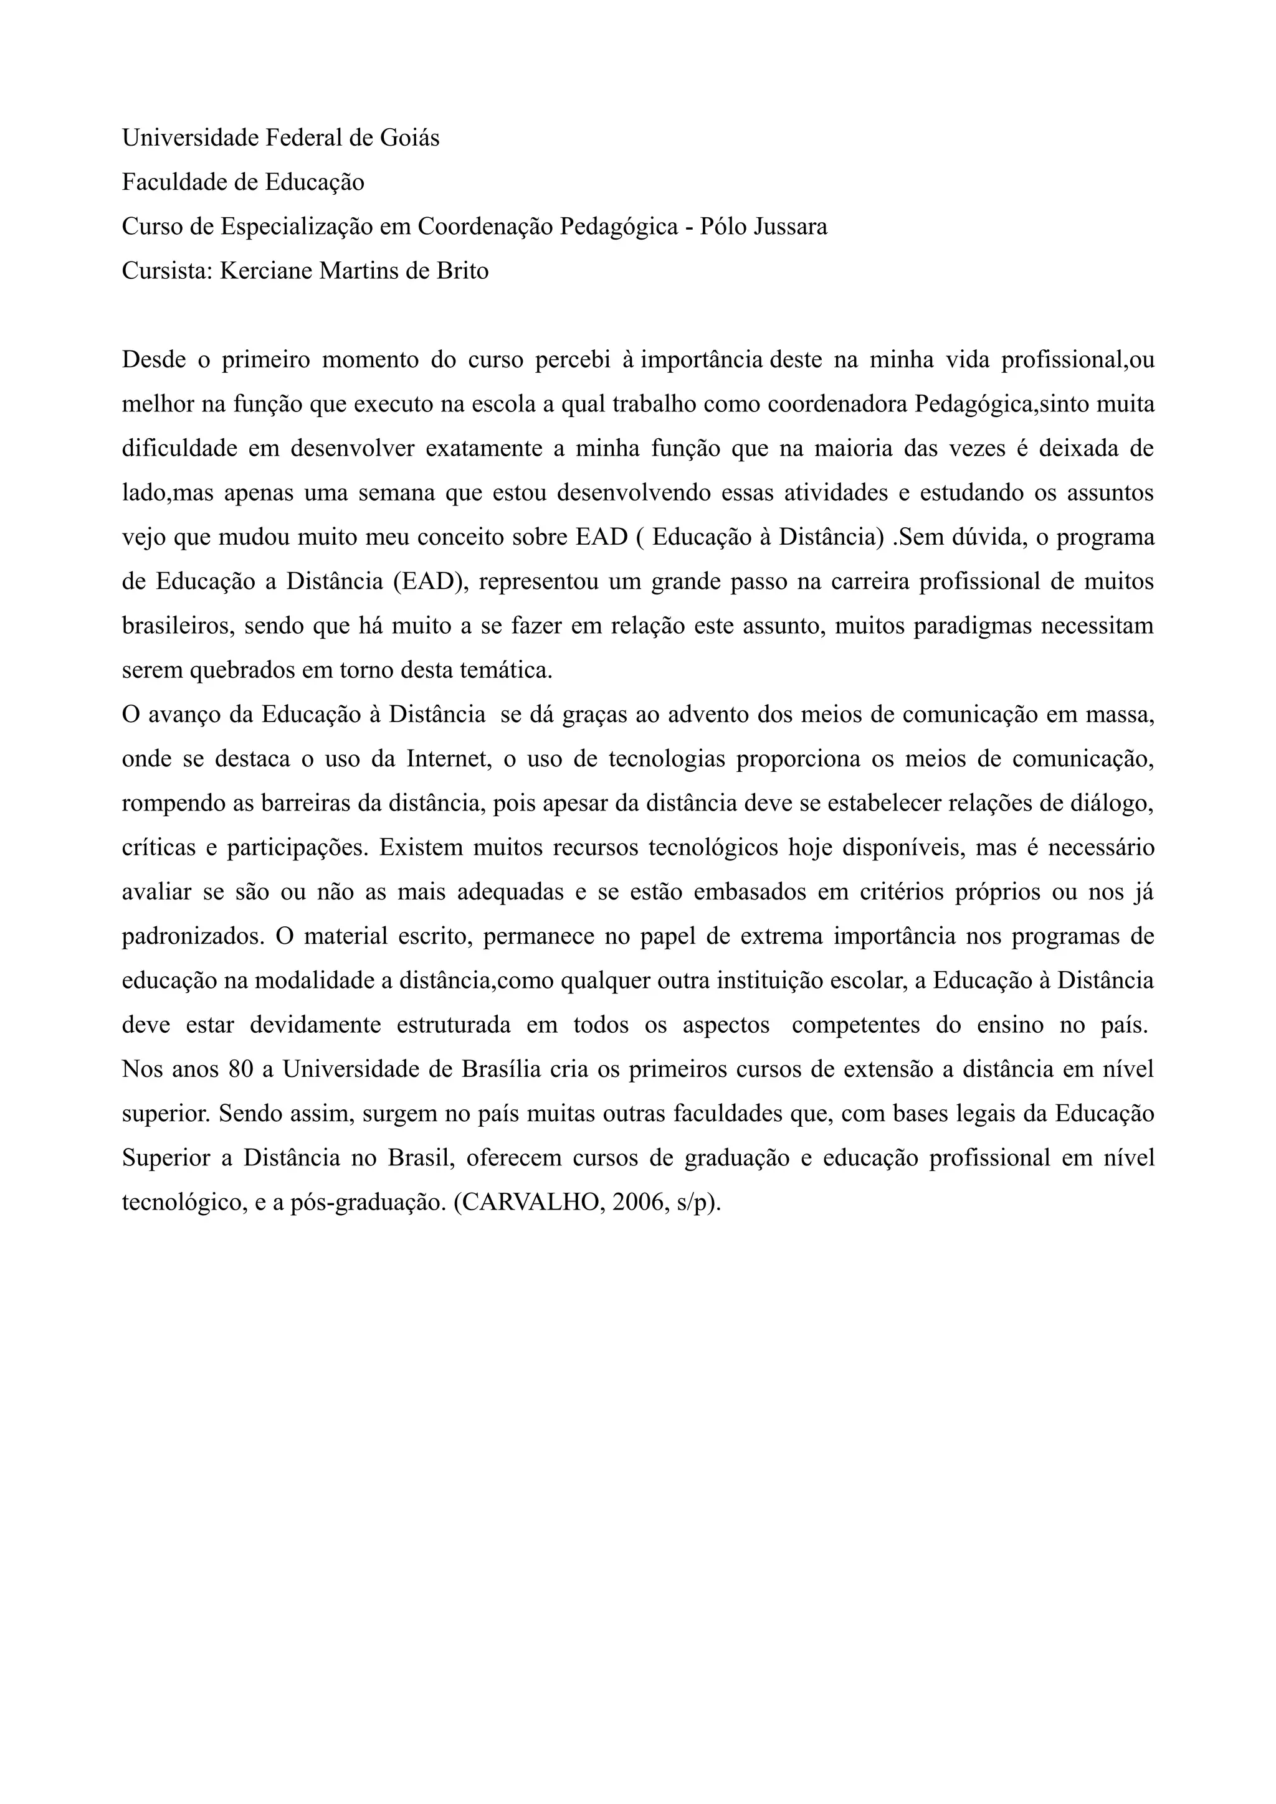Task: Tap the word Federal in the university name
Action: (302, 138)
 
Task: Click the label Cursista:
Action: (168, 271)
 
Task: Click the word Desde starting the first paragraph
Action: (154, 360)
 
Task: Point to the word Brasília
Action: (502, 1070)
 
